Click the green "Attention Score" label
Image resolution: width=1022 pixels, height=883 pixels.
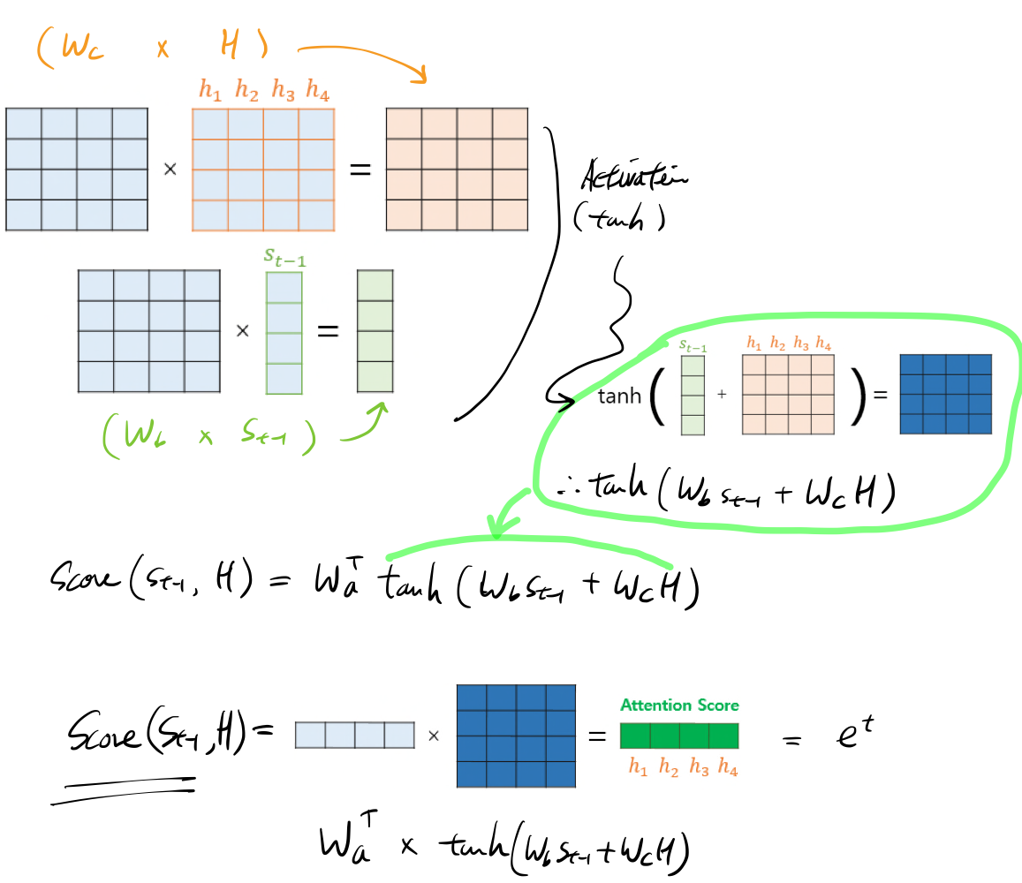(x=679, y=706)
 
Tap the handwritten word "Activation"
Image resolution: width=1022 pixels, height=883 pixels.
(x=634, y=178)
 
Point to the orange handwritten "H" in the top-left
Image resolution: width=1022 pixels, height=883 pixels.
(x=228, y=46)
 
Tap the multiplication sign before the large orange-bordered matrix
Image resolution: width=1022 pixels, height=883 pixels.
(x=170, y=169)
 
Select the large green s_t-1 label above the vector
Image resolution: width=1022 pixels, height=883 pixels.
(x=284, y=257)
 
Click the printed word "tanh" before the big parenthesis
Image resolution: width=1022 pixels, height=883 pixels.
(x=619, y=396)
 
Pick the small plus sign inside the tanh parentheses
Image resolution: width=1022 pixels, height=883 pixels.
(x=722, y=395)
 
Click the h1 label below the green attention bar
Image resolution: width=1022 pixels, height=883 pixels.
(x=637, y=768)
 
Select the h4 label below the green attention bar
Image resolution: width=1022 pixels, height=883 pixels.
(x=728, y=768)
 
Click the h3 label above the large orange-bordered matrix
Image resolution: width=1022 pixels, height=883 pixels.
(x=283, y=89)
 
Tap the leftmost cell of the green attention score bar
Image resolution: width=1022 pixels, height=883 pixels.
(x=635, y=736)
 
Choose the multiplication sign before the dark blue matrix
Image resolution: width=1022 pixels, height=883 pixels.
(x=434, y=736)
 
